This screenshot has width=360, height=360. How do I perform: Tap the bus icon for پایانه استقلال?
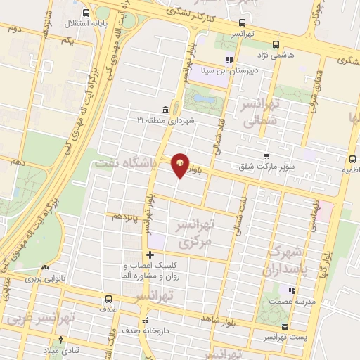click(86, 13)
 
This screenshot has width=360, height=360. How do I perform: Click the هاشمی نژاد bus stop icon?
click(275, 43)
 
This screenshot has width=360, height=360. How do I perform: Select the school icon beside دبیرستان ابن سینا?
click(228, 60)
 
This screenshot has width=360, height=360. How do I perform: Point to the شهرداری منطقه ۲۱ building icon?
click(165, 110)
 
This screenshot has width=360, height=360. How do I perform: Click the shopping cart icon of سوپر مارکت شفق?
click(266, 156)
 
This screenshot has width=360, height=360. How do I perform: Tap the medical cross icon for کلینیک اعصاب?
click(150, 255)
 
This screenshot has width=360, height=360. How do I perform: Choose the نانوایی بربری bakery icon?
click(46, 267)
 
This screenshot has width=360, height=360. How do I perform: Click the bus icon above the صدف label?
click(108, 299)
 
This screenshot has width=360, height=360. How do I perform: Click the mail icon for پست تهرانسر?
click(285, 326)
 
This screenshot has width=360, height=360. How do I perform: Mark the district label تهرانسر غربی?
click(35, 319)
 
